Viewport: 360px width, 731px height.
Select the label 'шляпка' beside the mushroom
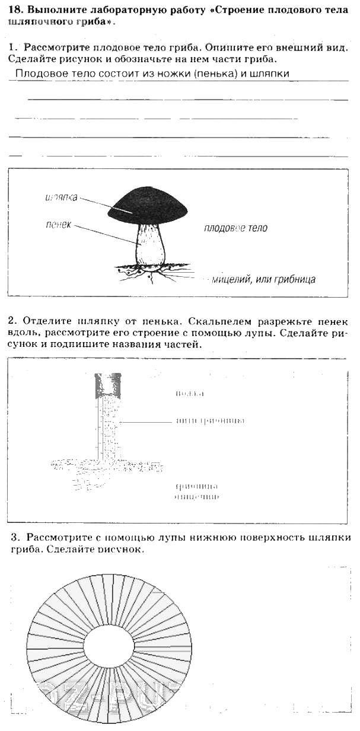point(61,197)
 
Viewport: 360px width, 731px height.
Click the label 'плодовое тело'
point(235,228)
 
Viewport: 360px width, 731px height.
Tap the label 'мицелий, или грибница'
point(263,279)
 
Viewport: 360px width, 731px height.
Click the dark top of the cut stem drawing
point(108,386)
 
